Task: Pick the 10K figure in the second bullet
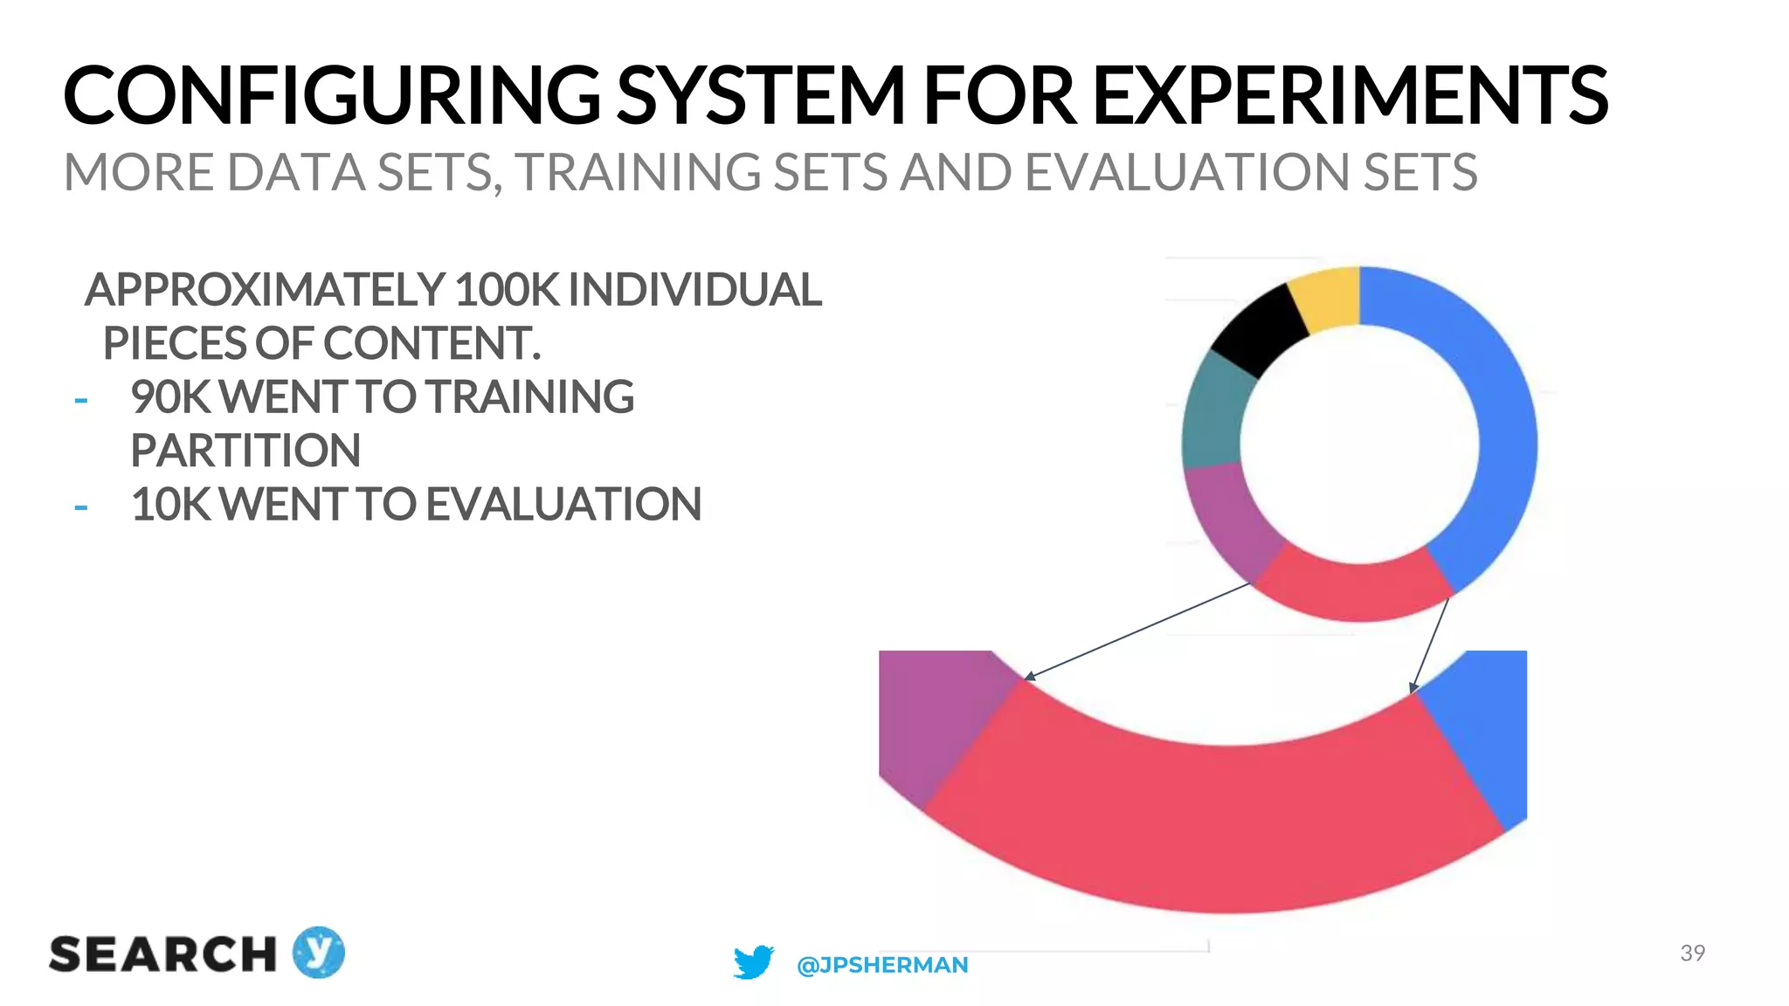(170, 505)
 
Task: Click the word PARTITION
(245, 451)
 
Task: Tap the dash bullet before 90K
(81, 401)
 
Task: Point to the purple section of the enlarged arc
(926, 716)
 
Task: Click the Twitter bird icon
(753, 962)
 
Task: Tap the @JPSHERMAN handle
(882, 965)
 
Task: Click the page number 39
(1692, 953)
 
